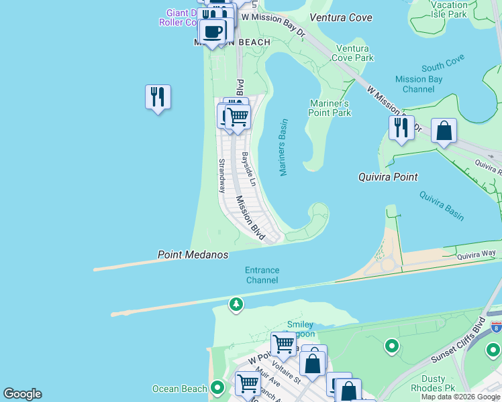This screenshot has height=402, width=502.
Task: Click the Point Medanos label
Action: point(193,255)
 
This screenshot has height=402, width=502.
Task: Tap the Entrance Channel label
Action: point(262,275)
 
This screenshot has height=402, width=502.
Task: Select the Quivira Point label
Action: point(387,177)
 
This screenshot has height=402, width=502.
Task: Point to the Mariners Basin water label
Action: point(283,148)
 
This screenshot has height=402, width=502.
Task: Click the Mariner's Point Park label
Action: point(330,108)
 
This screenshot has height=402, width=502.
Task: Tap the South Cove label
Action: point(443,66)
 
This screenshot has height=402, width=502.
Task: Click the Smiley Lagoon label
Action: point(300,330)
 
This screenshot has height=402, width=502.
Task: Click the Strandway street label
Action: point(221,176)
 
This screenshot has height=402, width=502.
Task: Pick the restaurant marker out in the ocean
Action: point(158,97)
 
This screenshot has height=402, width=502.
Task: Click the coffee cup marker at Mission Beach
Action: point(213,31)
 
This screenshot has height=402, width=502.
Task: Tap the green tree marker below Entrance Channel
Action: point(236,305)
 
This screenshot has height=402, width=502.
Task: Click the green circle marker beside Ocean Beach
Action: point(217,387)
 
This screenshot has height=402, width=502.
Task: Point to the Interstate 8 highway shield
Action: point(495,326)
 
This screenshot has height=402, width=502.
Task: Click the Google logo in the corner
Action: point(22,394)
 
